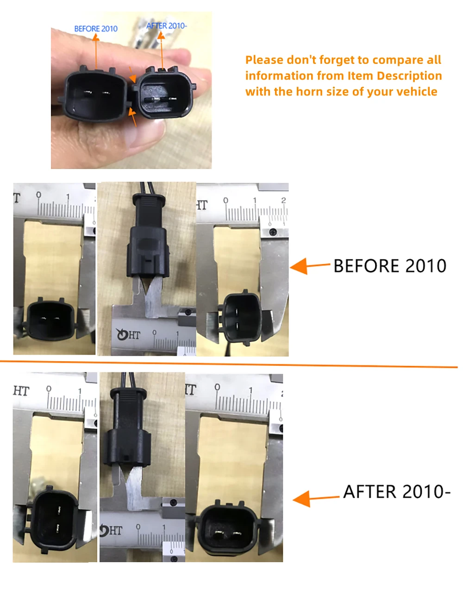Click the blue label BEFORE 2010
tap(96, 29)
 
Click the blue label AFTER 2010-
tap(167, 26)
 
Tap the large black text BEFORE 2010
tap(390, 266)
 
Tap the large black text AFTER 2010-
tap(396, 491)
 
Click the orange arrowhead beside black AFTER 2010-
tap(302, 499)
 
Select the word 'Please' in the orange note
tap(264, 60)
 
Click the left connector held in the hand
tap(95, 94)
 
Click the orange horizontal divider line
tap(229, 364)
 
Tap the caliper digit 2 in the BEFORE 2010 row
tap(283, 200)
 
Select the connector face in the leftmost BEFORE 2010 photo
tap(50, 320)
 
